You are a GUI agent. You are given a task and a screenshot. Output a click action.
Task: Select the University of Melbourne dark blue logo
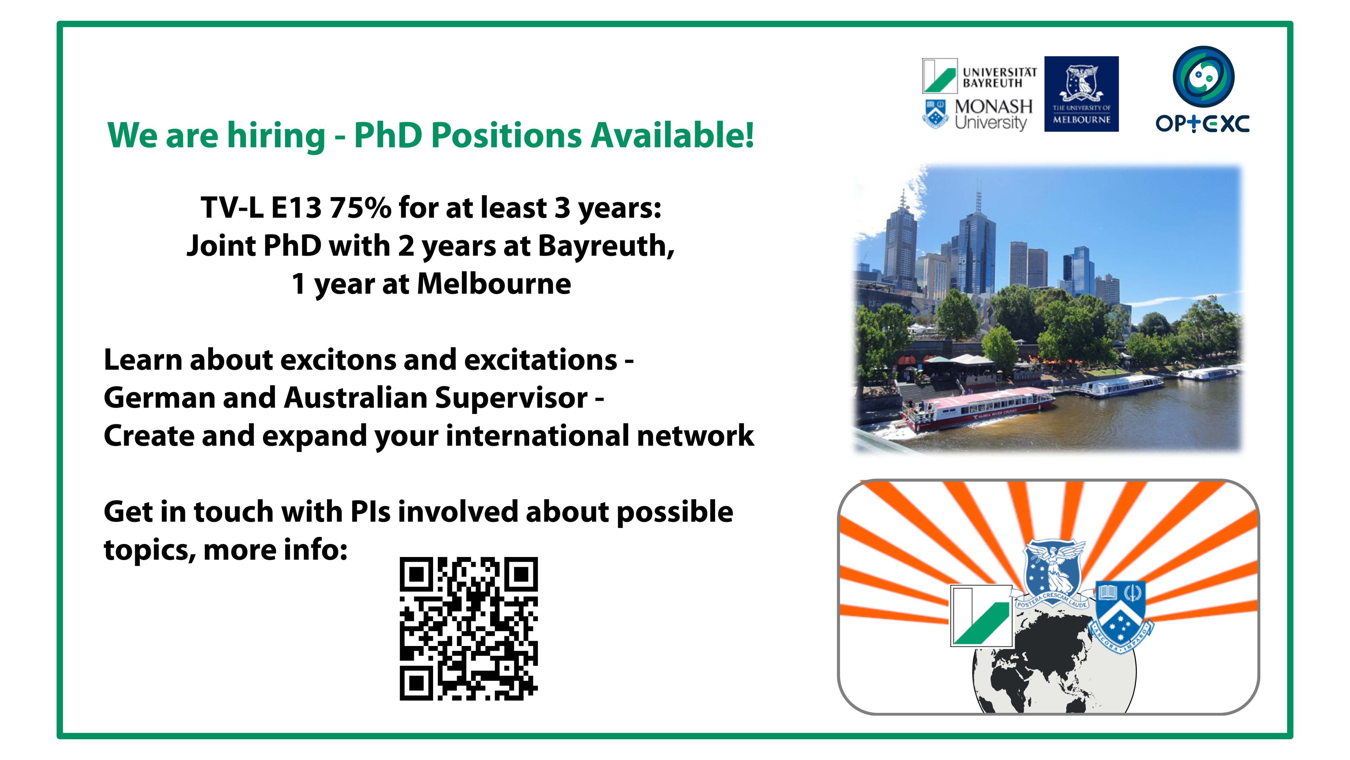[x=1081, y=94]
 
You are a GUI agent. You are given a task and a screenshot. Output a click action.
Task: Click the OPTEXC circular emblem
[x=1203, y=77]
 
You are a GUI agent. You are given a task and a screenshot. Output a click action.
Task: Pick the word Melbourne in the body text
[x=494, y=284]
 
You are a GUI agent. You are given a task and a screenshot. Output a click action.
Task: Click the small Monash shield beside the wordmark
[x=935, y=113]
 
